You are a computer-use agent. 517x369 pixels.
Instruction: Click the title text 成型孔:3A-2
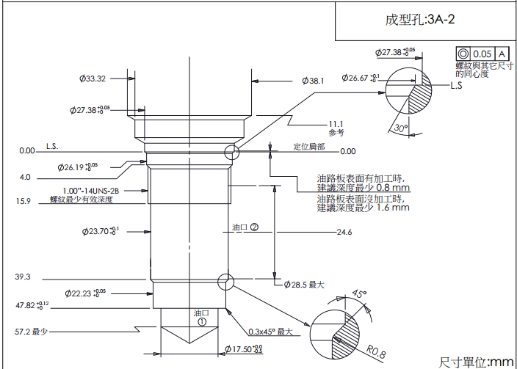pos(420,20)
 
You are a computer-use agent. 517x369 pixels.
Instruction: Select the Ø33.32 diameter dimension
pos(93,78)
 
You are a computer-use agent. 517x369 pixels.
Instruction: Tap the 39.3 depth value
pos(22,277)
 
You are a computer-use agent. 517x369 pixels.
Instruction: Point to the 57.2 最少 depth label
pos(31,332)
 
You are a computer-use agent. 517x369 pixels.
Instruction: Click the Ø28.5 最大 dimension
pos(303,284)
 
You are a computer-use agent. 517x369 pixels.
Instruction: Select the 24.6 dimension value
pos(344,233)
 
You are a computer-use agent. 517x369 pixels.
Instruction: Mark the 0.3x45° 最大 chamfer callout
pos(270,332)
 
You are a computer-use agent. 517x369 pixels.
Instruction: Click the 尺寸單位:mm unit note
pos(475,362)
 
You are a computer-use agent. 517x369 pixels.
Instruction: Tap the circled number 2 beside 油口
pos(255,227)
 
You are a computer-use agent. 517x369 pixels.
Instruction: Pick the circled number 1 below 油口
pos(201,321)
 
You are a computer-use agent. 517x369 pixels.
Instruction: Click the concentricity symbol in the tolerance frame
pos(463,54)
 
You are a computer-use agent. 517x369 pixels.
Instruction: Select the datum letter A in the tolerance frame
pos(502,54)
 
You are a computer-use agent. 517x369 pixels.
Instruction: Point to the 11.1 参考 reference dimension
pos(336,128)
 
